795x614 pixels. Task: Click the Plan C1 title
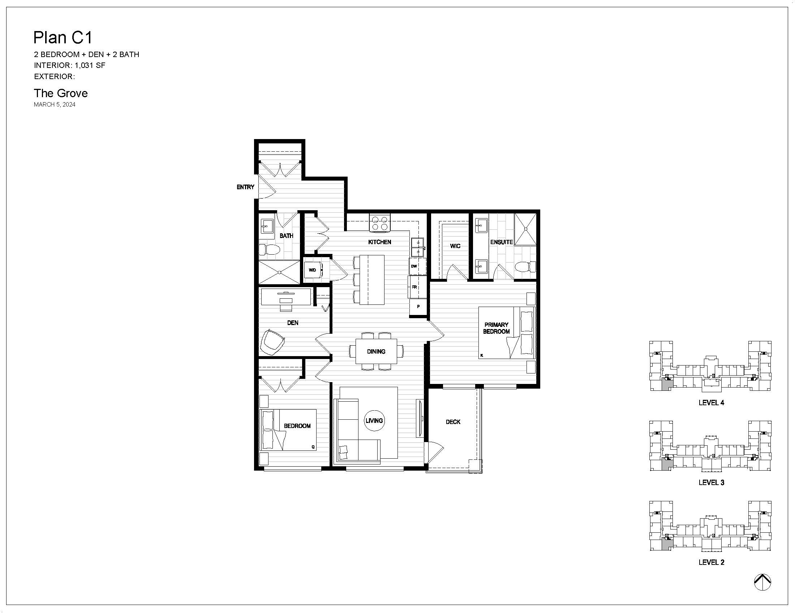pyautogui.click(x=63, y=38)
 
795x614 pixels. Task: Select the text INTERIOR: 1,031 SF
pyautogui.click(x=69, y=65)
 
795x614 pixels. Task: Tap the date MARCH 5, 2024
pyautogui.click(x=55, y=105)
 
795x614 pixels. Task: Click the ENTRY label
pyautogui.click(x=245, y=187)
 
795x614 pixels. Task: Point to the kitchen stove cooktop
pyautogui.click(x=380, y=223)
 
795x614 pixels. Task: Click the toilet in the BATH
pyautogui.click(x=269, y=250)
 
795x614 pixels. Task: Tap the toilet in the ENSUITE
pyautogui.click(x=525, y=267)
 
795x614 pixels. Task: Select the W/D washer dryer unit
pyautogui.click(x=313, y=270)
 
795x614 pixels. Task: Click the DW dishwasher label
pyautogui.click(x=414, y=266)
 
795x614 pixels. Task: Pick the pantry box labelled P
pyautogui.click(x=418, y=307)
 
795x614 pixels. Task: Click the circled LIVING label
pyautogui.click(x=374, y=420)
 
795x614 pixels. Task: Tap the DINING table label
pyautogui.click(x=376, y=351)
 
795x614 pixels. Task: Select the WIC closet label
pyautogui.click(x=455, y=246)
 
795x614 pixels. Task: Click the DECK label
pyautogui.click(x=453, y=422)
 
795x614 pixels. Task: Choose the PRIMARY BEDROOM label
pyautogui.click(x=497, y=328)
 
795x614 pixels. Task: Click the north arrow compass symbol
pyautogui.click(x=762, y=582)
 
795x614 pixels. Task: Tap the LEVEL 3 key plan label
pyautogui.click(x=711, y=482)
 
